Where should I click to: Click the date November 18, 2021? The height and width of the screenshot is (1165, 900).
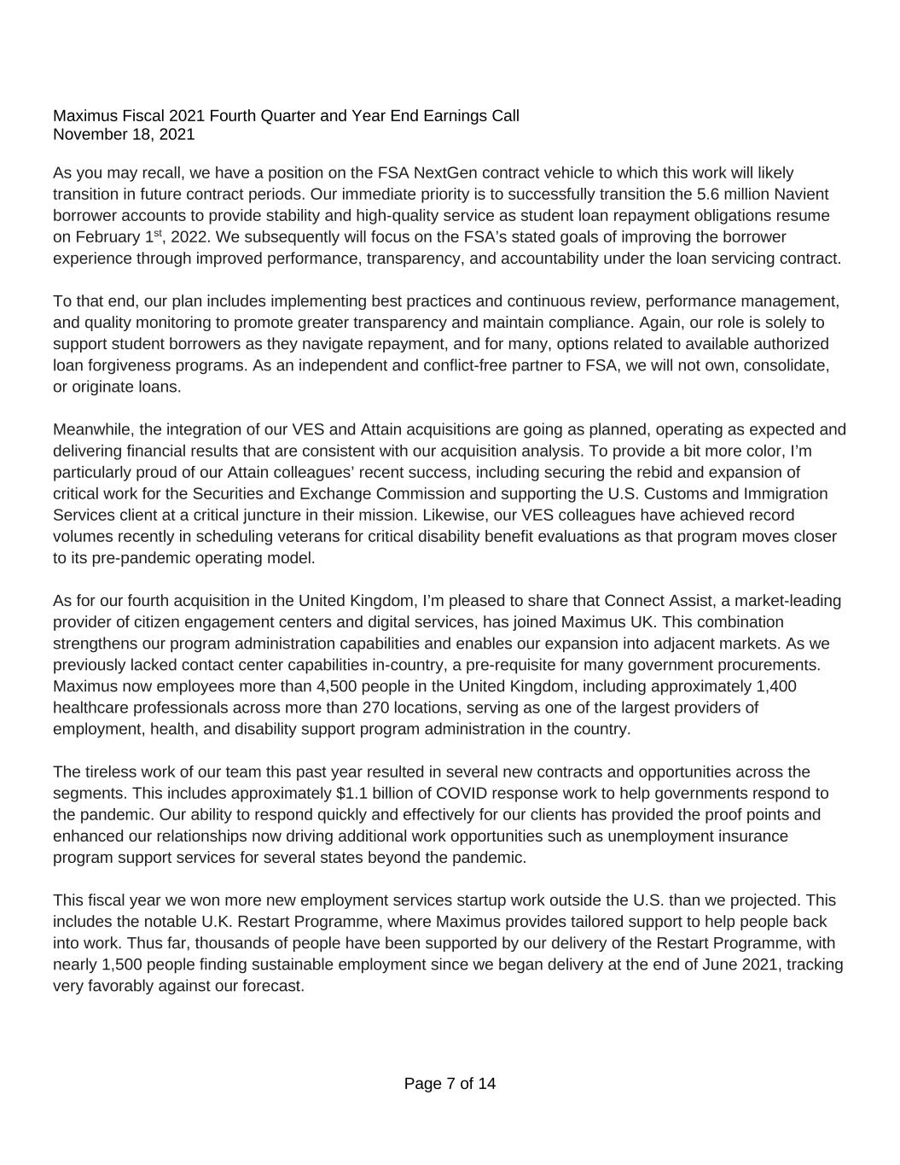[x=124, y=134]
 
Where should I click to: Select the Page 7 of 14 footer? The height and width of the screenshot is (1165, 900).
[x=450, y=1084]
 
